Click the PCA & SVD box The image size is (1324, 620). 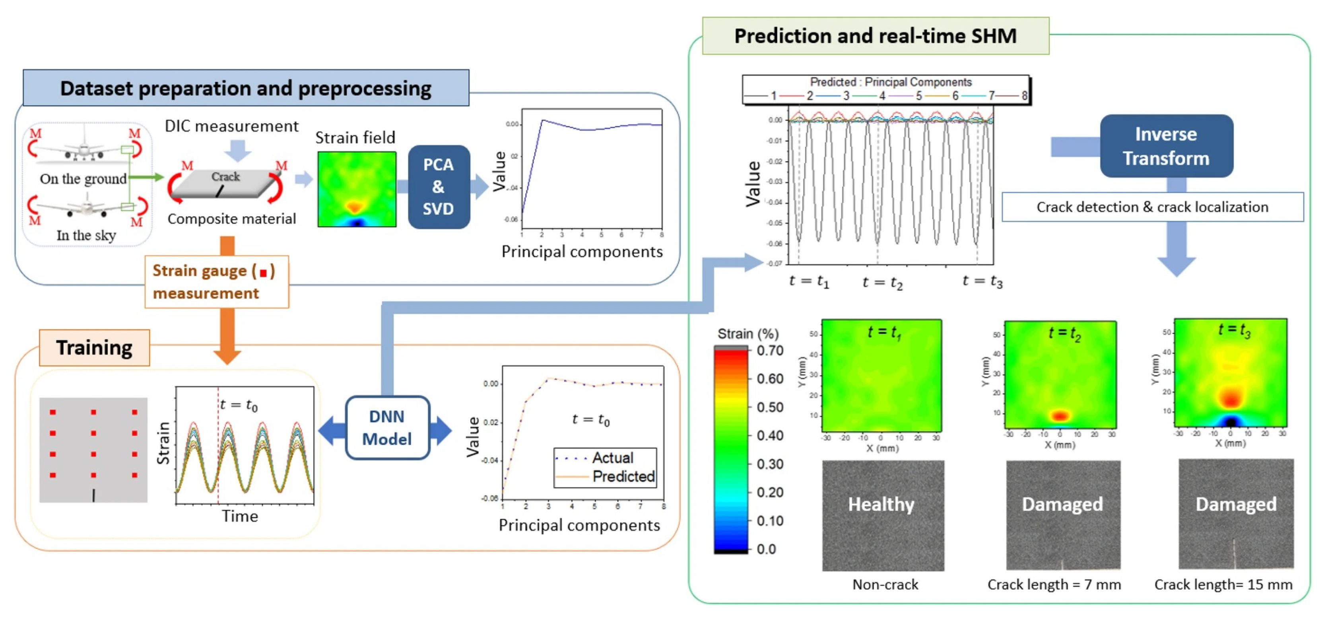[x=439, y=187]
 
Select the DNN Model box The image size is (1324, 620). [x=387, y=427]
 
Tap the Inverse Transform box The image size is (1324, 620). [x=1166, y=146]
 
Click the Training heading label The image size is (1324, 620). [x=94, y=348]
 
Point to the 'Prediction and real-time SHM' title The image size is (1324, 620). [x=875, y=36]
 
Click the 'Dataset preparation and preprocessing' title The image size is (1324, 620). [x=246, y=88]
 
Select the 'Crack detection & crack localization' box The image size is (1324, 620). [x=1152, y=207]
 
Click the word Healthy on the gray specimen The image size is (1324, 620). [x=881, y=504]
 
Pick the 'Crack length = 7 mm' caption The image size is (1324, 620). [x=1054, y=585]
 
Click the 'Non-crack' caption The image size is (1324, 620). [x=885, y=585]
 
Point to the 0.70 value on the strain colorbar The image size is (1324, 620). [x=769, y=351]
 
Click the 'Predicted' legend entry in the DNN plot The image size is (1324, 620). [x=623, y=476]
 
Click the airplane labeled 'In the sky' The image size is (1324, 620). [x=86, y=207]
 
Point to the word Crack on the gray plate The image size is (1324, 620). [x=225, y=176]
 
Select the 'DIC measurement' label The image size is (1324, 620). [x=231, y=126]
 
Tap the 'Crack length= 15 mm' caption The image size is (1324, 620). [x=1223, y=585]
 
